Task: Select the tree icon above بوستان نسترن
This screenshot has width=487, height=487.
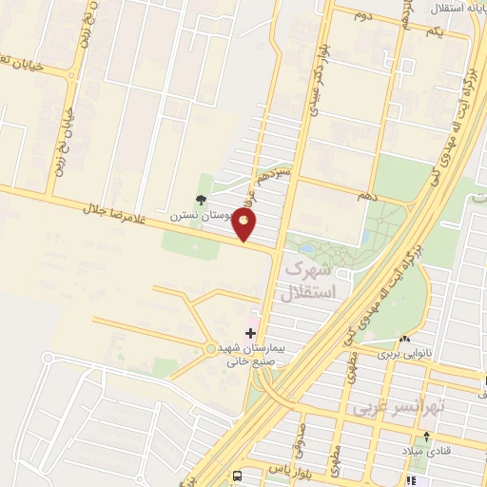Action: point(200,199)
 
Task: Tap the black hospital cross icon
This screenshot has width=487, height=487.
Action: point(251,333)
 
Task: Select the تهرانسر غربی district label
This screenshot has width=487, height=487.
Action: point(400,406)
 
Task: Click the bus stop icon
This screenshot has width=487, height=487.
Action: point(237,476)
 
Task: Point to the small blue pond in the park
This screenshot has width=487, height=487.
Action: point(366,237)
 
